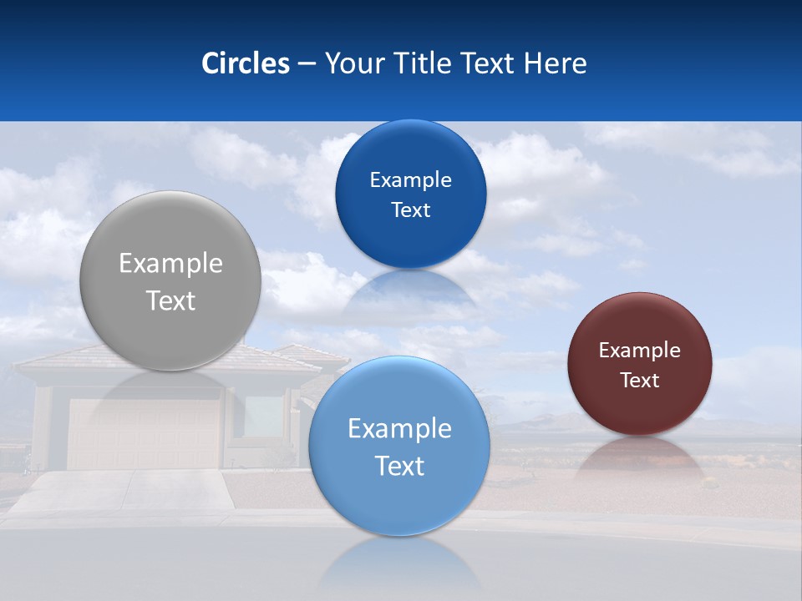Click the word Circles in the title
(x=245, y=63)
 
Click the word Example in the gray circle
(x=170, y=264)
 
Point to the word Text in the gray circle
(x=170, y=300)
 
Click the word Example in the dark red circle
(x=639, y=351)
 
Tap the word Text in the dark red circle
(x=639, y=381)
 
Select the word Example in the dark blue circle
(x=410, y=180)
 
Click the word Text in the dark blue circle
(x=410, y=210)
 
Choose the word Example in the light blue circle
(x=399, y=429)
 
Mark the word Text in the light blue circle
(x=399, y=466)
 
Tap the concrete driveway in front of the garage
(x=125, y=492)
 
